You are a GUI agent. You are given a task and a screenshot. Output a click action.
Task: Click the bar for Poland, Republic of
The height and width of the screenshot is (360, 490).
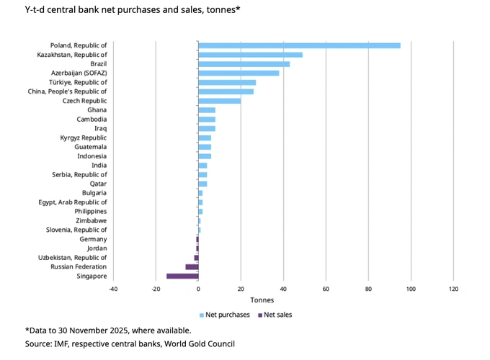[x=299, y=45]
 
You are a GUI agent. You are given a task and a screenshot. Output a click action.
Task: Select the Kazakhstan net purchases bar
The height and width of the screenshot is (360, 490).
[x=250, y=55]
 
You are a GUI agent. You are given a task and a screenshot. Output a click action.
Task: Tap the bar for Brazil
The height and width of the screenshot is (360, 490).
[x=244, y=64]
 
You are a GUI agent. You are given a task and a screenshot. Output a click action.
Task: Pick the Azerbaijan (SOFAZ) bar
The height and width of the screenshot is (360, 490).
[x=239, y=73]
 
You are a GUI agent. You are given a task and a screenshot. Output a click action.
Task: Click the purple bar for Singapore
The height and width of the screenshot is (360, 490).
[x=182, y=276]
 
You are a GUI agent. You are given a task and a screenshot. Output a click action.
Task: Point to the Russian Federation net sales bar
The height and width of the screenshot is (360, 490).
[x=192, y=266]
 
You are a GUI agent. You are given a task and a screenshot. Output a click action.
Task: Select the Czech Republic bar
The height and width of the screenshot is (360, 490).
[x=219, y=101]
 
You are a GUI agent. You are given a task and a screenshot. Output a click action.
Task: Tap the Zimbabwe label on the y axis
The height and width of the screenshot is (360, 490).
[x=91, y=220]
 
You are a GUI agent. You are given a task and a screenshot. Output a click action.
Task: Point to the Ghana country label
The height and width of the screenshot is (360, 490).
[x=97, y=110]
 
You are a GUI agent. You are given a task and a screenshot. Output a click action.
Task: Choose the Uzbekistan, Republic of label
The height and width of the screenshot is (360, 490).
[x=73, y=257]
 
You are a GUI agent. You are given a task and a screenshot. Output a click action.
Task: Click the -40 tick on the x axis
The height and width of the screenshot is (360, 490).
[x=113, y=289]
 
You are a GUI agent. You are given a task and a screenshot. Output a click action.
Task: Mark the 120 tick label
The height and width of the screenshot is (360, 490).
[x=453, y=289]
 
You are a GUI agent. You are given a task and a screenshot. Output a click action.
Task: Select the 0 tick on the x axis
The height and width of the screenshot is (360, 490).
[x=198, y=289]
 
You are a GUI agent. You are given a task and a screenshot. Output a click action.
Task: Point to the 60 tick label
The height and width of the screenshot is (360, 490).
[x=326, y=289]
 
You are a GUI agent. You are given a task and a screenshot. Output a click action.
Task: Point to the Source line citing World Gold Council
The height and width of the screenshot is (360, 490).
[x=130, y=344]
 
